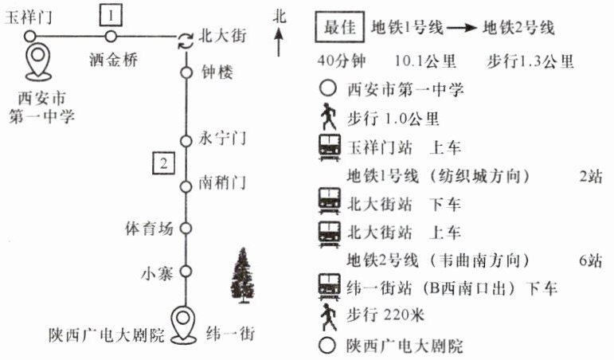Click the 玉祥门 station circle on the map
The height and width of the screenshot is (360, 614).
click(29, 37)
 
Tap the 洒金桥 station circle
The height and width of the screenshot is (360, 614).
click(111, 37)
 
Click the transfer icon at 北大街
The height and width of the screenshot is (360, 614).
click(186, 41)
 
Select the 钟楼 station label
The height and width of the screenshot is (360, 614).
click(217, 72)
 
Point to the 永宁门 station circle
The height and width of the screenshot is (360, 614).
click(186, 141)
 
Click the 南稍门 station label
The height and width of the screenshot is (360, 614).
click(222, 183)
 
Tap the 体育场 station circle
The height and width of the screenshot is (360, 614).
click(186, 228)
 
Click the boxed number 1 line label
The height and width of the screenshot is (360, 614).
click(111, 16)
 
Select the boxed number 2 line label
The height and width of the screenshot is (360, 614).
click(163, 163)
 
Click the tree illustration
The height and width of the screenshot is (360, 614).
click(243, 276)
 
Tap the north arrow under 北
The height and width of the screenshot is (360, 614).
click(279, 42)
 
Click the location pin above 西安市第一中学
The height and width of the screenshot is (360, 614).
click(38, 63)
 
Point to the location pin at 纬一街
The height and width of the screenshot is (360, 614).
click(185, 324)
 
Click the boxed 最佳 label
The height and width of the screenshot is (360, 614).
click(340, 27)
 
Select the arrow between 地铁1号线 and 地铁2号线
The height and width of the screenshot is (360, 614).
click(462, 28)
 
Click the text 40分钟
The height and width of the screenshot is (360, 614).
click(342, 61)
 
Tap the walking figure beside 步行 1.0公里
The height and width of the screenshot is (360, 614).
click(328, 117)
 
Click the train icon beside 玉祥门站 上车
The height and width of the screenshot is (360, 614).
click(330, 147)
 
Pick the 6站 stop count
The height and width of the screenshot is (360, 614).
click(590, 260)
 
